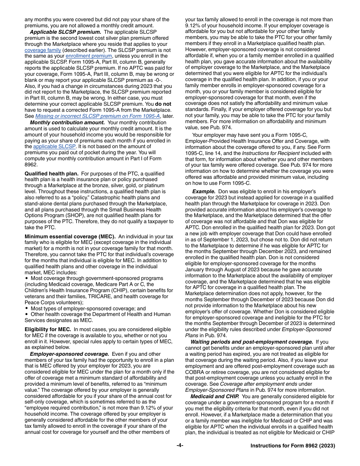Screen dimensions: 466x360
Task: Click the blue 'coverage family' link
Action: (x=42, y=50)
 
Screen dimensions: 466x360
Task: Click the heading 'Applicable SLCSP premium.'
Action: (x=65, y=32)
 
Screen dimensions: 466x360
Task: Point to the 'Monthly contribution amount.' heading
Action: (x=67, y=122)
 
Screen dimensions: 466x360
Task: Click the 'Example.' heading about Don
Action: (x=204, y=192)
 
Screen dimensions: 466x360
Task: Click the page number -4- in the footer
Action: (x=180, y=446)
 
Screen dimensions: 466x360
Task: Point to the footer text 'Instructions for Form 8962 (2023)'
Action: (x=293, y=446)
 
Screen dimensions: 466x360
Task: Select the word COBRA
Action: (x=194, y=372)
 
